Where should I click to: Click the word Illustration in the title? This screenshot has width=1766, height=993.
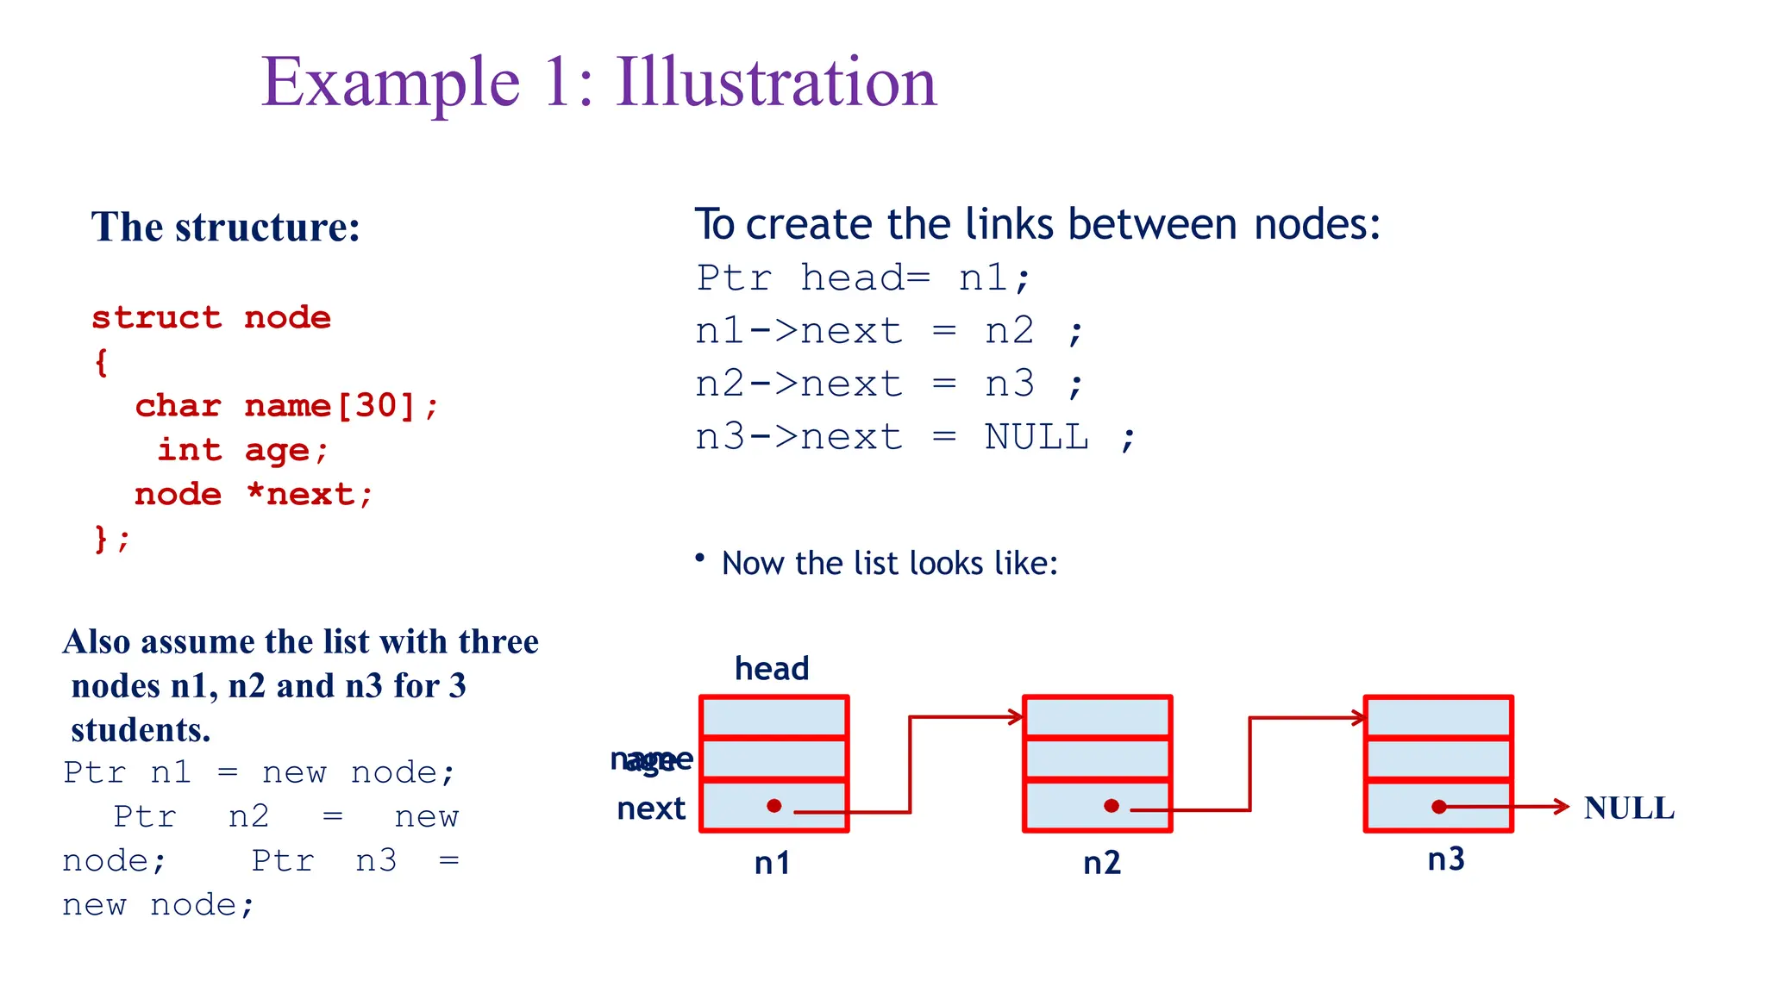click(x=775, y=83)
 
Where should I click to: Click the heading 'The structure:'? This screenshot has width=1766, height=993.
click(x=226, y=228)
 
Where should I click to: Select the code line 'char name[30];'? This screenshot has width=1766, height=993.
click(x=286, y=405)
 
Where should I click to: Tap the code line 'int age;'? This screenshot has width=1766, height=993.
click(x=242, y=450)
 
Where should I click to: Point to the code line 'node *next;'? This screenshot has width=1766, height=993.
click(x=254, y=495)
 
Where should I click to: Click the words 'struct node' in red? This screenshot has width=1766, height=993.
click(x=211, y=317)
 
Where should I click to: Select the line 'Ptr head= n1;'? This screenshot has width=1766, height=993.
click(x=863, y=278)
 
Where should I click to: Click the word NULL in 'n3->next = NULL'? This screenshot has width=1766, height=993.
click(x=1036, y=437)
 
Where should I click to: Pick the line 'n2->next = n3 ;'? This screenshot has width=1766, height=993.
click(x=888, y=384)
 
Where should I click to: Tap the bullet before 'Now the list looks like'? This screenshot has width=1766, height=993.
click(x=700, y=559)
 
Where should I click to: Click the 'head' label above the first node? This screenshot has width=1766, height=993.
click(x=772, y=669)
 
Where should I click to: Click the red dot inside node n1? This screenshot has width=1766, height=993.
click(x=774, y=806)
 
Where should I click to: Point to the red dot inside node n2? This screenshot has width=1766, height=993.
click(x=1112, y=806)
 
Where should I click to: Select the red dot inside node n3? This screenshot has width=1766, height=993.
click(x=1438, y=807)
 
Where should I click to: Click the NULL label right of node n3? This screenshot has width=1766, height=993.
click(x=1629, y=808)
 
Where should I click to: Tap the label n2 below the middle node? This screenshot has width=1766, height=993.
click(x=1102, y=863)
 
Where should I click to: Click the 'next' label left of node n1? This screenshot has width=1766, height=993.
click(x=651, y=809)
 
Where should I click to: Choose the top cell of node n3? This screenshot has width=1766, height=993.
click(x=1438, y=717)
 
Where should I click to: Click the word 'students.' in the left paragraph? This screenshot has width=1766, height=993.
click(x=141, y=730)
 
